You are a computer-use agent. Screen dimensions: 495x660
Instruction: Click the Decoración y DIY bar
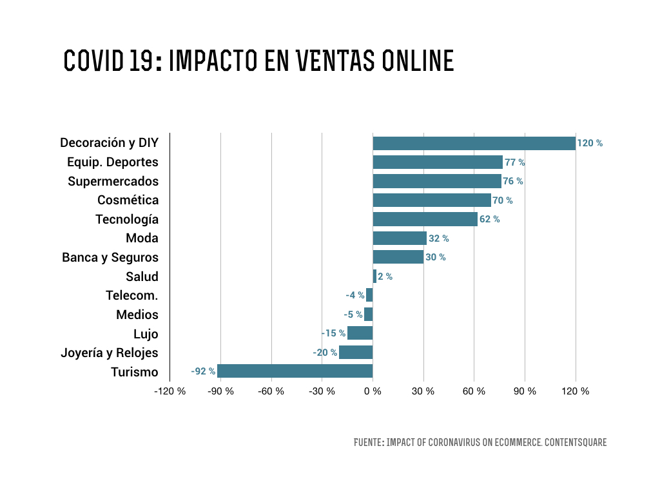[x=474, y=143]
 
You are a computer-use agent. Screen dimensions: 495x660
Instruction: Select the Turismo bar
[x=295, y=371]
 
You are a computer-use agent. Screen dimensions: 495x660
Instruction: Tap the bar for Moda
[x=400, y=238]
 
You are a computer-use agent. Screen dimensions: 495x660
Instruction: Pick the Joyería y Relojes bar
[x=356, y=353]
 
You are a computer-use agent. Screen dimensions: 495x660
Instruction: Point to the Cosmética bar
[x=432, y=200]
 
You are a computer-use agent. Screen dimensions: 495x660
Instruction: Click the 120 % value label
[x=590, y=143]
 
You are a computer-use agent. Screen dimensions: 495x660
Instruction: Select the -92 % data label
[x=202, y=371]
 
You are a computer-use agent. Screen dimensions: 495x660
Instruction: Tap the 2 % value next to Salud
[x=385, y=277]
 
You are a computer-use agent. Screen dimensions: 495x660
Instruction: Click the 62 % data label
[x=489, y=219]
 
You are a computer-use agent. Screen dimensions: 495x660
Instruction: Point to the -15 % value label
[x=333, y=334]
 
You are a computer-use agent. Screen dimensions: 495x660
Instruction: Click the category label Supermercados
[x=113, y=181]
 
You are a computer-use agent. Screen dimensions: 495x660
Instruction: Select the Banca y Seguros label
[x=110, y=257]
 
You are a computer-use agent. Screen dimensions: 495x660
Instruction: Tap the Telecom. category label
[x=131, y=295]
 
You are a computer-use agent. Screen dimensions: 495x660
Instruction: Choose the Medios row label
[x=137, y=315]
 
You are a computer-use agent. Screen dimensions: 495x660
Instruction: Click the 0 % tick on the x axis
[x=373, y=391]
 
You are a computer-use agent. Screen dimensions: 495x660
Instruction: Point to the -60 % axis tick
[x=271, y=391]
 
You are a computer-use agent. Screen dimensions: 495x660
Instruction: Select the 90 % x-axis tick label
[x=525, y=391]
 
